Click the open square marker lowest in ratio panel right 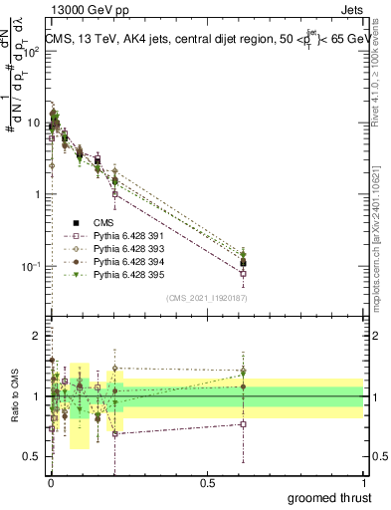pyautogui.click(x=244, y=424)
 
